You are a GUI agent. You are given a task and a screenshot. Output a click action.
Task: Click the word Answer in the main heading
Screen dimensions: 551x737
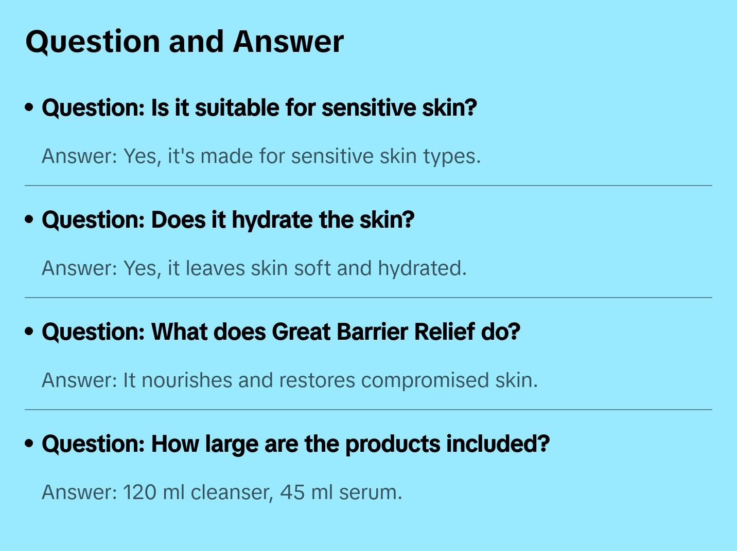click(x=288, y=42)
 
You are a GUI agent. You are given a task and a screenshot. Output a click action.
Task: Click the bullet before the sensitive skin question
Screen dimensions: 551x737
click(x=29, y=107)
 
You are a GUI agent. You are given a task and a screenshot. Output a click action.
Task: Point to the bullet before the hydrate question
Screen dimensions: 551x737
click(x=29, y=219)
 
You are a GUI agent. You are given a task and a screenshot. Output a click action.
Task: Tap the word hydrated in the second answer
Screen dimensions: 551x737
click(x=422, y=268)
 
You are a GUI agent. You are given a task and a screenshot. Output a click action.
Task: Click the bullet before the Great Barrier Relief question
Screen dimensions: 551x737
click(x=29, y=332)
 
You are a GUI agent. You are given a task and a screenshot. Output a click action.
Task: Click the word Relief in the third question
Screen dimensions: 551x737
click(x=445, y=332)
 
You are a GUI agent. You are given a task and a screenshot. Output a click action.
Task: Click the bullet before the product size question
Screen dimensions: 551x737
click(x=29, y=444)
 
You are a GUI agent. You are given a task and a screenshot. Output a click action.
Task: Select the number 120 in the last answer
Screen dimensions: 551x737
click(x=139, y=492)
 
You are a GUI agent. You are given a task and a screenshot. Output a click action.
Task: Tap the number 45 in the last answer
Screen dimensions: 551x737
click(x=292, y=492)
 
